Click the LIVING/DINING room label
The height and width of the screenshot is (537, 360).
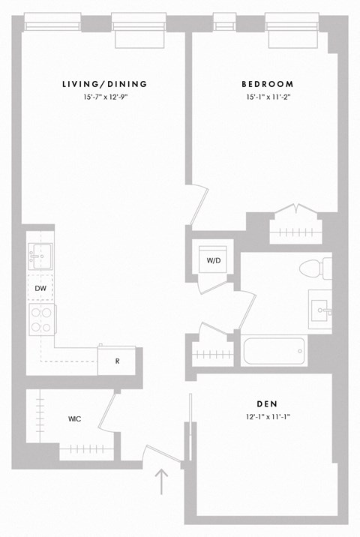(104, 84)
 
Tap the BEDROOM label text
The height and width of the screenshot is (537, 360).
(267, 84)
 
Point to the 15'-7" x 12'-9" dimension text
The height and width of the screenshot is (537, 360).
(104, 98)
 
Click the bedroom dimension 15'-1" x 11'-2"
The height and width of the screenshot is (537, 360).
(267, 98)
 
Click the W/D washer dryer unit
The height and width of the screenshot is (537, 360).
(214, 260)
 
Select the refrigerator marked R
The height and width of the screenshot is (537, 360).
(117, 360)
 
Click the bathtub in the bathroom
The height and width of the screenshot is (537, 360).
(274, 350)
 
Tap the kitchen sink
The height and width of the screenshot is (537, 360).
(40, 256)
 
